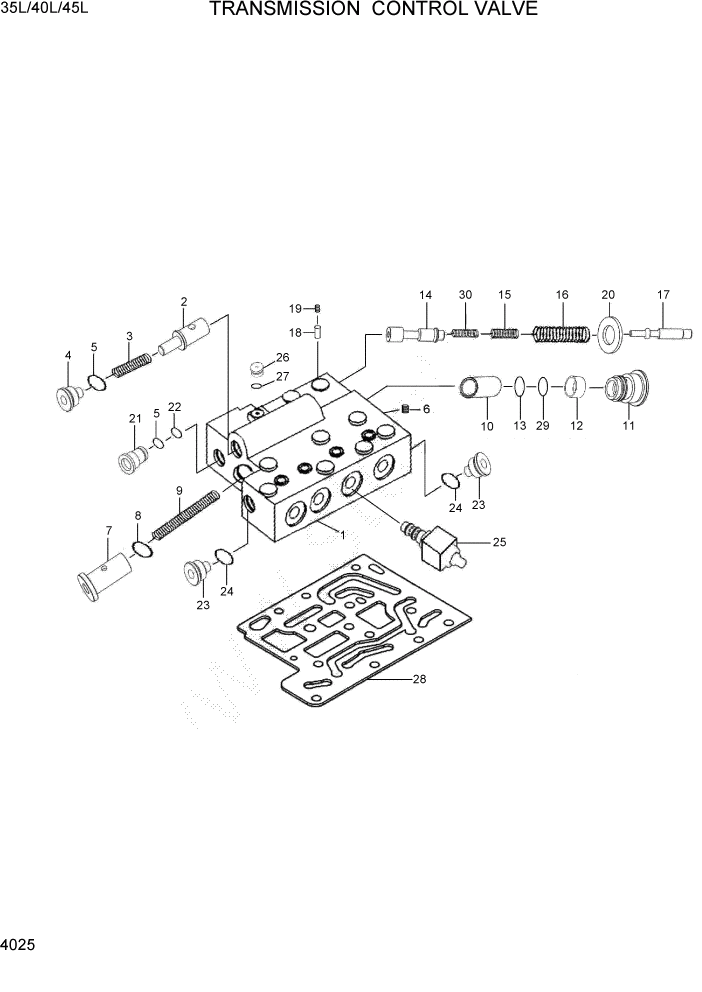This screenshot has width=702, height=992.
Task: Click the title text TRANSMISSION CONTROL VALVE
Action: (373, 10)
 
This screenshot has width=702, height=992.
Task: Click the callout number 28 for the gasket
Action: (418, 680)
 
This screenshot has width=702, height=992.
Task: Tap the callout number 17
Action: (663, 294)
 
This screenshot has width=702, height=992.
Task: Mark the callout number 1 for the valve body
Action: (343, 535)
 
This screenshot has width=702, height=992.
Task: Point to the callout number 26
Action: (283, 357)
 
